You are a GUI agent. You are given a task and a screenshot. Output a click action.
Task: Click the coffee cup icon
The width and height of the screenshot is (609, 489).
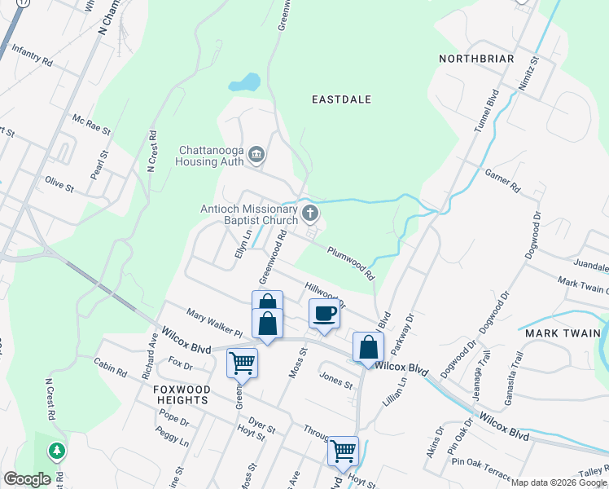point(324,314)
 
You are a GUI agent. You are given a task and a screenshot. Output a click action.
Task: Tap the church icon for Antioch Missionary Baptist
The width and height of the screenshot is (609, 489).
point(309,214)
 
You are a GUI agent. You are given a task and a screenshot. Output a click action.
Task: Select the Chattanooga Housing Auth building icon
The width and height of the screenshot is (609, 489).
point(256,154)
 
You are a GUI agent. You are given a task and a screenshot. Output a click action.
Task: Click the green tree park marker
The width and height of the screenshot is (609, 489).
point(56,450)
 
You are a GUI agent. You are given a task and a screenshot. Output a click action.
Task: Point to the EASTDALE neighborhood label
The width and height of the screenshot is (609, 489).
point(342,99)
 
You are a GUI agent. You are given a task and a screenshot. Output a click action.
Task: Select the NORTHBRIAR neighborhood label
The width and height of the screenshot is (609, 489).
point(476,59)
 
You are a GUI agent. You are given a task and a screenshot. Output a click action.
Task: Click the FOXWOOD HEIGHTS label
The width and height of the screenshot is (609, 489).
point(182,395)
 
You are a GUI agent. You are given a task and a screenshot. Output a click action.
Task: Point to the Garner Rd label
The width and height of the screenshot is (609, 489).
point(502,182)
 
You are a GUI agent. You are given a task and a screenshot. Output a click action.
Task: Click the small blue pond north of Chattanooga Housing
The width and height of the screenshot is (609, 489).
point(244,83)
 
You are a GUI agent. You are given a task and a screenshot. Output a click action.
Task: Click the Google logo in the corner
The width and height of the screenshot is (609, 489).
point(27,479)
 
